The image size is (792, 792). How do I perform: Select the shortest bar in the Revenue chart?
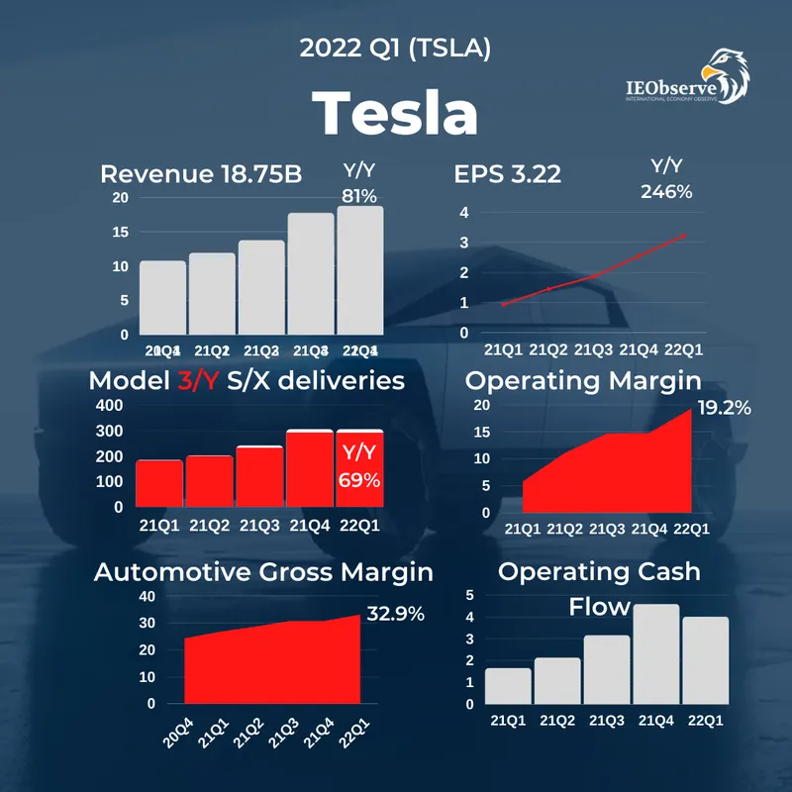click(x=162, y=297)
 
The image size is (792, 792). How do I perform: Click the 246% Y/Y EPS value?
click(x=665, y=192)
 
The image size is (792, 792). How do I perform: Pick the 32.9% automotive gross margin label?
click(x=395, y=614)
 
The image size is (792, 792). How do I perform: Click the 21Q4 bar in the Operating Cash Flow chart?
click(x=655, y=653)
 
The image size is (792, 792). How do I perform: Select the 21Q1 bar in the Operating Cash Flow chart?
click(x=508, y=685)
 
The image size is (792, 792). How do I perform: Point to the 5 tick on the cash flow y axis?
click(x=469, y=595)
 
